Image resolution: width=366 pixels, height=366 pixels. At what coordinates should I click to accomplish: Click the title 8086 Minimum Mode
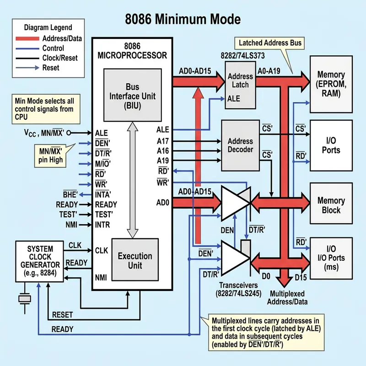[x=183, y=19]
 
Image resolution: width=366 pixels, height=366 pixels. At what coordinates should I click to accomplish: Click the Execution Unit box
[x=135, y=261]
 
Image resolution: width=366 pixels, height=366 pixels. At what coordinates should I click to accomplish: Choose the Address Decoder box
[x=240, y=145]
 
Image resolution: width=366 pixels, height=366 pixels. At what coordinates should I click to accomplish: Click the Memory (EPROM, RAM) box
[x=331, y=84]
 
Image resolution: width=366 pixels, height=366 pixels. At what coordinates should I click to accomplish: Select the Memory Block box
[x=331, y=205]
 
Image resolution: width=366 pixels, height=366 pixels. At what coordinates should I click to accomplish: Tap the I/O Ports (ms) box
[x=331, y=258]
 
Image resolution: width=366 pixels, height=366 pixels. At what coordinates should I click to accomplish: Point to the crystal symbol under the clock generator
[x=24, y=299]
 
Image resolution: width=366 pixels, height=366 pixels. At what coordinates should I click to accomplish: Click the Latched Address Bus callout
[x=270, y=43]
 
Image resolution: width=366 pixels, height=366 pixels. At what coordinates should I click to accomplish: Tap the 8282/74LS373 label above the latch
[x=246, y=55]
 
